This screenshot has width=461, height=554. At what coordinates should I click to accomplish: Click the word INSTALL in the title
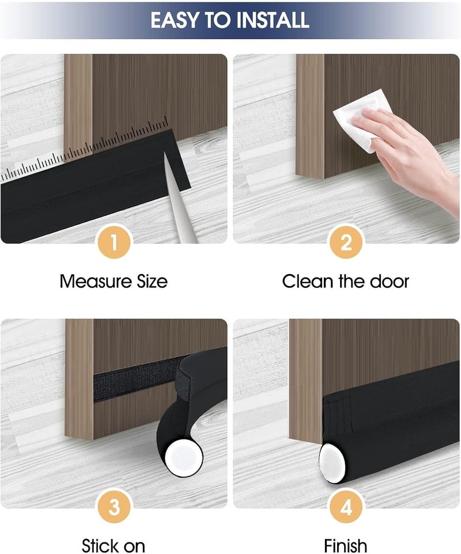pyautogui.click(x=273, y=20)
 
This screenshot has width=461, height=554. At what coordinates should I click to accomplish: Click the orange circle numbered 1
pyautogui.click(x=114, y=243)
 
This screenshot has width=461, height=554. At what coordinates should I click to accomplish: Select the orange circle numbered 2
pyautogui.click(x=346, y=243)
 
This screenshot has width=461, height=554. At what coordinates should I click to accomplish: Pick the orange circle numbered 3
pyautogui.click(x=114, y=507)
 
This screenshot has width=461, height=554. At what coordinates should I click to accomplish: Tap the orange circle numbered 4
pyautogui.click(x=346, y=507)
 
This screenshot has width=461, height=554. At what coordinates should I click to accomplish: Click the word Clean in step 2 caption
pyautogui.click(x=308, y=282)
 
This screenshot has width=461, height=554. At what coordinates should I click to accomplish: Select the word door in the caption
pyautogui.click(x=390, y=282)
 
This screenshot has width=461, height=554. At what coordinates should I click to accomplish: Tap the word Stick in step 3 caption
pyautogui.click(x=97, y=545)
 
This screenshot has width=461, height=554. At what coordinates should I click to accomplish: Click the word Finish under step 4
pyautogui.click(x=345, y=545)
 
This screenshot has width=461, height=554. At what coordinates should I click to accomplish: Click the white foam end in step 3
pyautogui.click(x=184, y=458)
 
